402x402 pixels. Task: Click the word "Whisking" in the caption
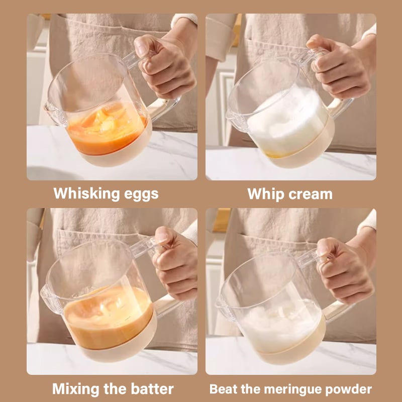pyautogui.click(x=87, y=193)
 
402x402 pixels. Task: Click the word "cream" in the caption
pyautogui.click(x=311, y=194)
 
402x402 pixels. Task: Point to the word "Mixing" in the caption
pyautogui.click(x=76, y=389)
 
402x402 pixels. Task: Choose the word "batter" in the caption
pyautogui.click(x=152, y=388)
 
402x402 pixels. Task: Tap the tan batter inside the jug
pyautogui.click(x=108, y=318)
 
